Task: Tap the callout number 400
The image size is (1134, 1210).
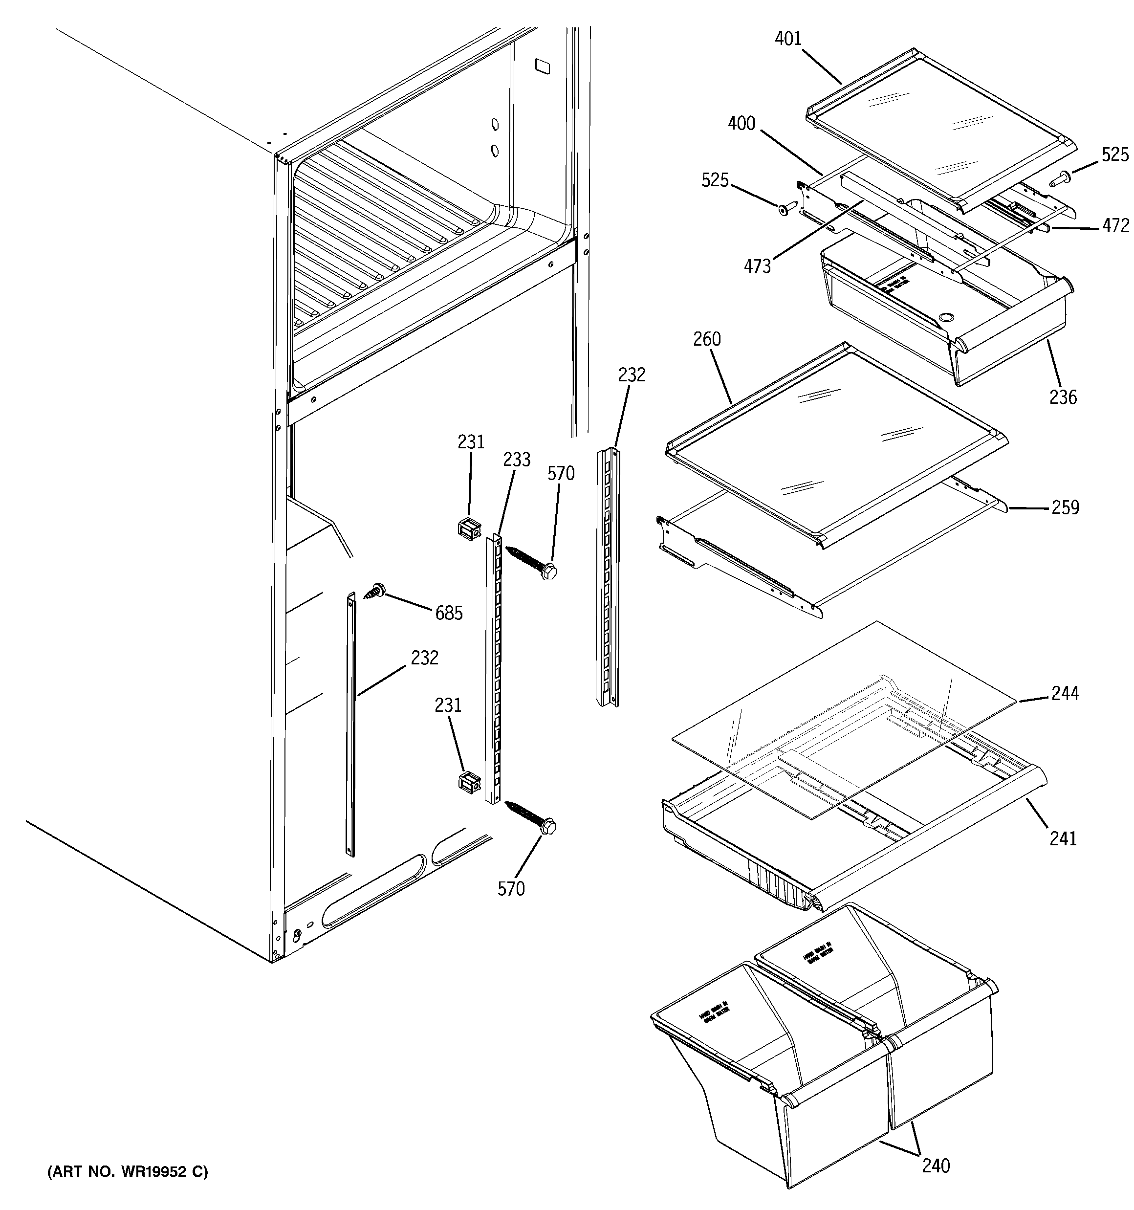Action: point(741,124)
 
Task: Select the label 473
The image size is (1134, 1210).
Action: point(757,266)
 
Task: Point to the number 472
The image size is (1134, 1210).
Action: point(1115,226)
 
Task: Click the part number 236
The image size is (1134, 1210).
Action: point(1063,397)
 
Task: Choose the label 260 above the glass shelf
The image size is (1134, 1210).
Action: point(707,339)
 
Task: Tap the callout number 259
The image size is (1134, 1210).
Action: point(1065,507)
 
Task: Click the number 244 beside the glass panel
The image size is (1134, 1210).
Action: point(1065,693)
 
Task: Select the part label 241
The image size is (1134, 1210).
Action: point(1063,839)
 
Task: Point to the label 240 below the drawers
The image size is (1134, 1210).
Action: point(936,1166)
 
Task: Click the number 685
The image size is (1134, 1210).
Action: point(449,613)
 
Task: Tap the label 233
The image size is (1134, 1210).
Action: point(516,460)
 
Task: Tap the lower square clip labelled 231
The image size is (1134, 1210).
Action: point(469,783)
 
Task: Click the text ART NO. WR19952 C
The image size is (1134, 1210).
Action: point(128,1172)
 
